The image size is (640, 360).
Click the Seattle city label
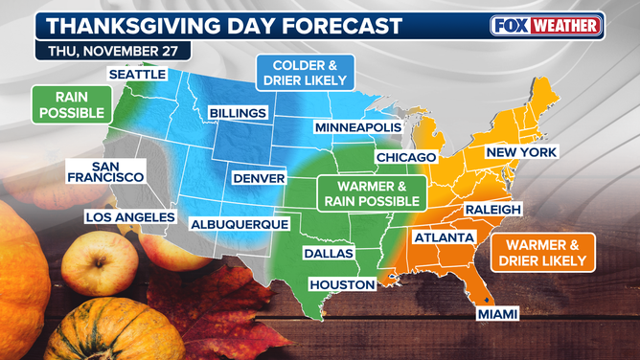[138, 74]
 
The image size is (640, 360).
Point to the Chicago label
[406, 156]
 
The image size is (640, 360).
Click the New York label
[521, 152]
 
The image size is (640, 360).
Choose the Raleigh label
[493, 209]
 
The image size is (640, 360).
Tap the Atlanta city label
[444, 236]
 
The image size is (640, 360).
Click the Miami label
[497, 313]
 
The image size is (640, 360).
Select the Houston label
[339, 284]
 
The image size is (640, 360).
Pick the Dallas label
[328, 254]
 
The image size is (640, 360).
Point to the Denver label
[259, 178]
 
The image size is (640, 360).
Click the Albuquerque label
[240, 223]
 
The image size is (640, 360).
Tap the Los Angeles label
[130, 216]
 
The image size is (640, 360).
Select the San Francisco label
[105, 171]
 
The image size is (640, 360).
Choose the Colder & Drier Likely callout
[305, 74]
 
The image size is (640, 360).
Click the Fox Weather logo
[547, 25]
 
